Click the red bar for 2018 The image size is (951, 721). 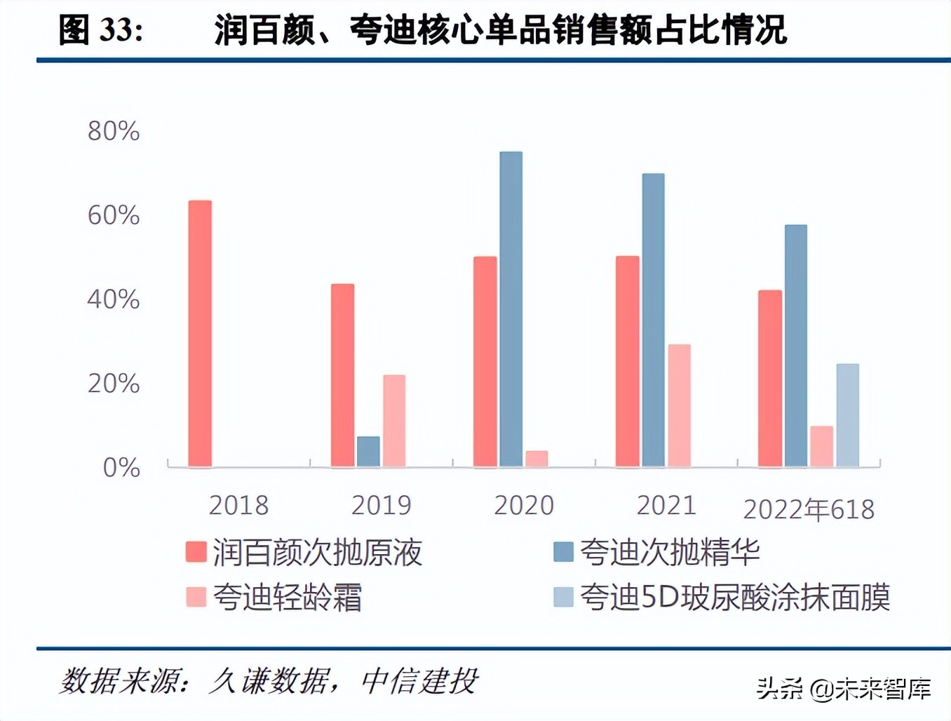(x=200, y=334)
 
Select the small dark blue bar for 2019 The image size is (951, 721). (x=368, y=452)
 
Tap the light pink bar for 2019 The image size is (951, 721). (x=394, y=421)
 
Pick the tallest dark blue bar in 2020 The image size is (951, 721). (x=511, y=309)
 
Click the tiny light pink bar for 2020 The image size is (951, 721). (x=537, y=459)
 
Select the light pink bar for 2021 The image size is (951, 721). (x=679, y=405)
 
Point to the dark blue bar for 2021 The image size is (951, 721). (x=653, y=320)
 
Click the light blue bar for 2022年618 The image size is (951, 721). (x=847, y=415)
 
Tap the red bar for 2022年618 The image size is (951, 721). (x=770, y=379)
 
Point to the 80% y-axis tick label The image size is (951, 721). (x=114, y=131)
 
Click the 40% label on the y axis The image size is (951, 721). (x=114, y=299)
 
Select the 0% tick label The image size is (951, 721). (x=121, y=468)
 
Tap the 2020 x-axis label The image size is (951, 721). (x=524, y=505)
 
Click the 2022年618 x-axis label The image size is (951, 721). (x=809, y=509)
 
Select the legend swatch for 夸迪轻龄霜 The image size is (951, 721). (x=196, y=597)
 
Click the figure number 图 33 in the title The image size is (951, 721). (x=100, y=30)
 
